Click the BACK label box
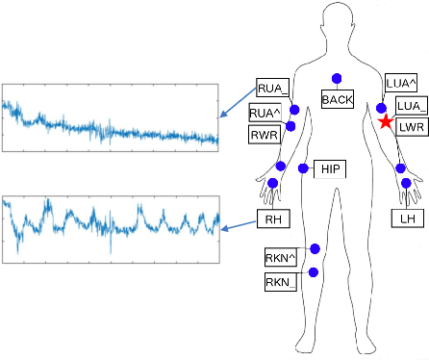pos(338,99)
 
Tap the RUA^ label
pos(265,114)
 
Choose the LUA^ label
pos(400,83)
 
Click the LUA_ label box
pos(411,106)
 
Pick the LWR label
pos(411,127)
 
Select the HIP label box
pos(330,169)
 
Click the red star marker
pos(385,122)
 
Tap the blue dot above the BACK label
pos(338,78)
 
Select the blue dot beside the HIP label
pos(303,168)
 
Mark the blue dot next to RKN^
pos(315,249)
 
